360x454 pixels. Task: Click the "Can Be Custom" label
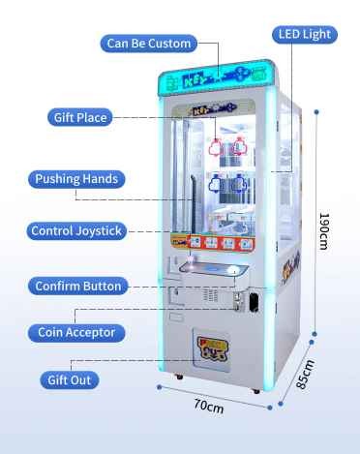pyautogui.click(x=149, y=44)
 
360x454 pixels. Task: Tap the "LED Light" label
pyautogui.click(x=305, y=34)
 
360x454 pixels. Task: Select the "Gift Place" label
pyautogui.click(x=80, y=117)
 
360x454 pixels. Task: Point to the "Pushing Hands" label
pyautogui.click(x=76, y=179)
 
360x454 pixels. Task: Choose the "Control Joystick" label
pyautogui.click(x=76, y=231)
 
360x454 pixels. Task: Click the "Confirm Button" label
pyautogui.click(x=78, y=286)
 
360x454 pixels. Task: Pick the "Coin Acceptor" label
pyautogui.click(x=76, y=332)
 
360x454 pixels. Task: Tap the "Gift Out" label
pyautogui.click(x=69, y=380)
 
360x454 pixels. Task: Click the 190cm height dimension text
pyautogui.click(x=324, y=231)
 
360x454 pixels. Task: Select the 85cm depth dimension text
pyautogui.click(x=305, y=375)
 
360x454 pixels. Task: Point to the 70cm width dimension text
pyautogui.click(x=209, y=406)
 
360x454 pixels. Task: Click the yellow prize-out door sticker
pyautogui.click(x=213, y=348)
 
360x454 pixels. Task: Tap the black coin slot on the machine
pyautogui.click(x=255, y=301)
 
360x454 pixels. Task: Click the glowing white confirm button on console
pyautogui.click(x=234, y=269)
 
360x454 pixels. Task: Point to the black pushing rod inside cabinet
pyautogui.click(x=194, y=204)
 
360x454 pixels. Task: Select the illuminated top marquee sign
pyautogui.click(x=217, y=77)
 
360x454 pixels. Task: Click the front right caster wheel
pyautogui.click(x=256, y=391)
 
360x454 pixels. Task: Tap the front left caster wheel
pyautogui.click(x=178, y=377)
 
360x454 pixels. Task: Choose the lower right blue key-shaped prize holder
pyautogui.click(x=239, y=184)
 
